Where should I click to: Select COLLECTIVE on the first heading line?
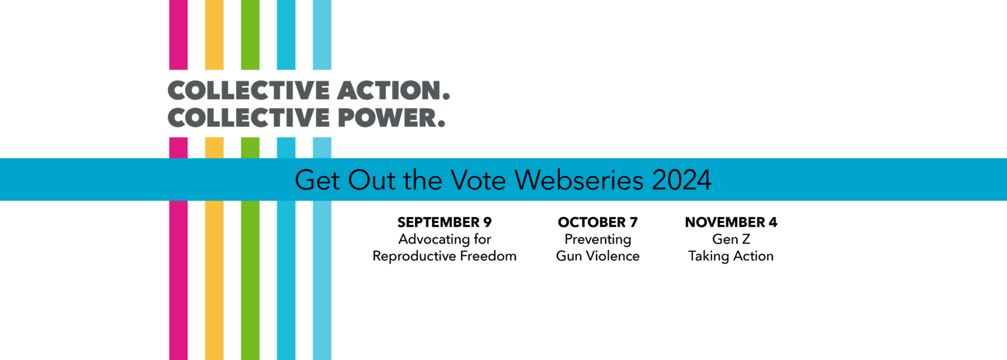coord(248,90)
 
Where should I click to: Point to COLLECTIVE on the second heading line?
coord(248,118)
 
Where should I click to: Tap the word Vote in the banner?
coord(479,180)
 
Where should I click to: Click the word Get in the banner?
coord(317,180)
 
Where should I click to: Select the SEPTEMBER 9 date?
coord(444,222)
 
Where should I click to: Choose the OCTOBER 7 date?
coord(598,222)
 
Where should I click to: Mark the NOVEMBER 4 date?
coord(731,222)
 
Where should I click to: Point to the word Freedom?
coord(491,256)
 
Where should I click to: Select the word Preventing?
coord(598,239)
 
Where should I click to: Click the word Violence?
coord(614,256)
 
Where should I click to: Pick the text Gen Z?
coord(731,239)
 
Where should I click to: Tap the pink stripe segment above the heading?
coord(178,35)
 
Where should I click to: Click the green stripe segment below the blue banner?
coord(250,280)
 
